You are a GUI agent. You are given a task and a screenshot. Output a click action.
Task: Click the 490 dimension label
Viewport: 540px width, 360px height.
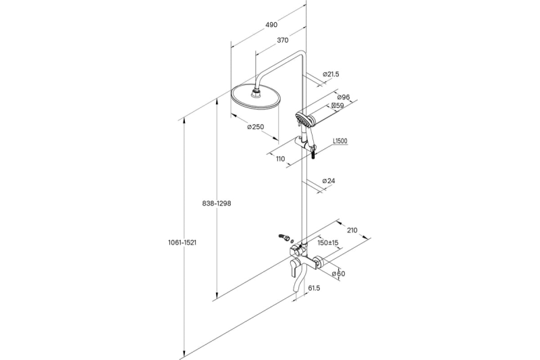click(x=271, y=25)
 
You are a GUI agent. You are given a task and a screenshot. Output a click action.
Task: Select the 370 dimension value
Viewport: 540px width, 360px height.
click(x=282, y=41)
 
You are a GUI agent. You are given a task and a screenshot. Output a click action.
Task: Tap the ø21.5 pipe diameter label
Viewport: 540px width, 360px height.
click(x=331, y=74)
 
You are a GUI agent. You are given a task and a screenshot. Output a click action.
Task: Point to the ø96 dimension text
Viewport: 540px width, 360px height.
click(x=344, y=97)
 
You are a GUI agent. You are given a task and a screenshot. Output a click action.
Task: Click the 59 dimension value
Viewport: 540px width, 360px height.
click(x=337, y=106)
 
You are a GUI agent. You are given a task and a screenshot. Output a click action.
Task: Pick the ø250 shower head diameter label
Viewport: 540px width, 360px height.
click(x=256, y=127)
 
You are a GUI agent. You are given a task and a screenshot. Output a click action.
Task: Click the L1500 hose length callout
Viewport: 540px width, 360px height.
click(x=340, y=141)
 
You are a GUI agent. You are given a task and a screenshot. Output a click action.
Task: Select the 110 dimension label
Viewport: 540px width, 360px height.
click(x=280, y=159)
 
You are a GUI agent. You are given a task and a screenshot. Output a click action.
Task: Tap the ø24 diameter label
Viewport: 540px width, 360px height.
click(x=329, y=180)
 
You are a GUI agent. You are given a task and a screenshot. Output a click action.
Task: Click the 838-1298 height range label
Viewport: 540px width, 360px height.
click(x=217, y=203)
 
